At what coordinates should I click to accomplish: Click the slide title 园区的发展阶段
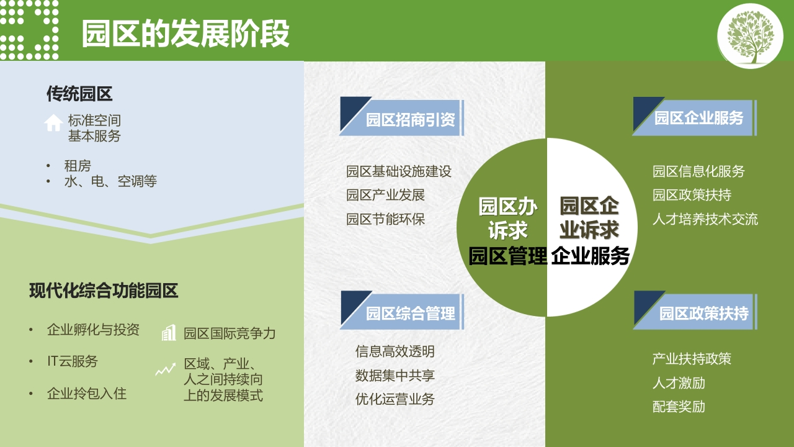tap(185, 34)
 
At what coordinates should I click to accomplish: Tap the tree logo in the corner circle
tap(750, 36)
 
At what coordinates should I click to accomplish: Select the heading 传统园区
tap(79, 94)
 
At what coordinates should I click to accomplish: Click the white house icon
tap(53, 123)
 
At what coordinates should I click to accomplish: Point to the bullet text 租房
tap(78, 166)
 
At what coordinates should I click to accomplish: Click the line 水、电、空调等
tap(110, 181)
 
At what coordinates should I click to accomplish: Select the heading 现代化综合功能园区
tap(104, 291)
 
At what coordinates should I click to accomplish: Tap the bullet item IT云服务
tap(73, 361)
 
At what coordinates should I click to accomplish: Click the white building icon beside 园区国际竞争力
tap(169, 333)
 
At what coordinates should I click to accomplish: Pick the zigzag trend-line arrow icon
tap(166, 369)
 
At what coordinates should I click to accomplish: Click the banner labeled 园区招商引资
tap(402, 116)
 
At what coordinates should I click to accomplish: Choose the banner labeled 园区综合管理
tap(402, 310)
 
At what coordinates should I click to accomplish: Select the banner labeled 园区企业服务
tap(695, 116)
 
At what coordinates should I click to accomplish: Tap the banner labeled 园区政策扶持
tap(695, 310)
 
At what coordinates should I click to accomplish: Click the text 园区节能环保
tap(385, 219)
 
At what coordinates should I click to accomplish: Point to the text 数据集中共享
tap(395, 376)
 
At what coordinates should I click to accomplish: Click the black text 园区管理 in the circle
tap(507, 256)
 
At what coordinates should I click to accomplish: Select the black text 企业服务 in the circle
tap(590, 256)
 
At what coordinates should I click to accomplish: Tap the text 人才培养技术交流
tap(705, 219)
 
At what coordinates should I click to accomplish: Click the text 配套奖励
tap(679, 407)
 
